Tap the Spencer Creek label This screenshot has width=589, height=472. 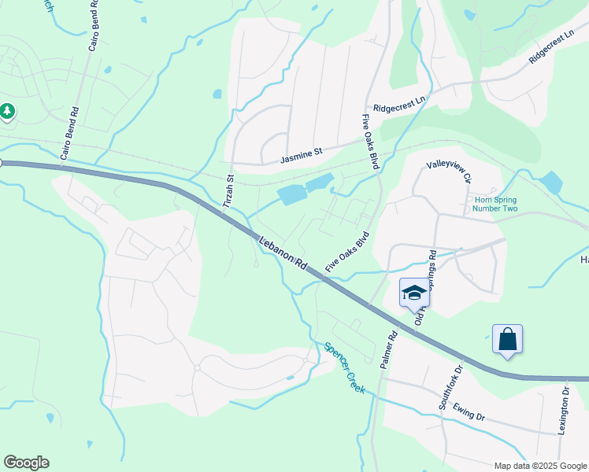(x=344, y=367)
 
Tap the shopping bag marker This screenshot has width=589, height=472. (x=508, y=340)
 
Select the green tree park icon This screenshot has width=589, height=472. (x=8, y=112)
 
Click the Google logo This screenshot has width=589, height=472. (x=26, y=463)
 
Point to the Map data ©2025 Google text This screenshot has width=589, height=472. (x=539, y=466)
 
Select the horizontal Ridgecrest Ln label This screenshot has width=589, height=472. (x=399, y=108)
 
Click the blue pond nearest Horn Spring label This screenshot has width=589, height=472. (x=550, y=183)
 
